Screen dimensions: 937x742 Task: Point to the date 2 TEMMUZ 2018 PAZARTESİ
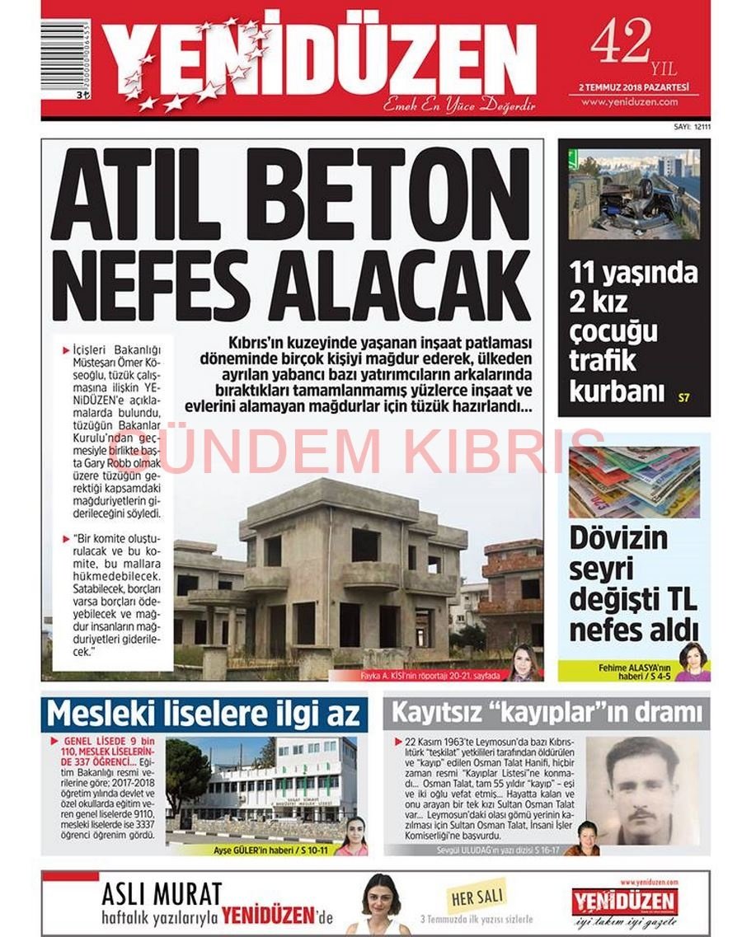pos(633,87)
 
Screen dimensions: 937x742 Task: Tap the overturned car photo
pos(633,194)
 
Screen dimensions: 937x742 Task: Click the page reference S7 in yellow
pos(683,399)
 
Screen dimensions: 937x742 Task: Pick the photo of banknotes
pos(633,482)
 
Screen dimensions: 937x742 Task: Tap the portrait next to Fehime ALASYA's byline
pos(692,662)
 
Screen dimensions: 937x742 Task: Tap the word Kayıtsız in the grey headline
pos(438,712)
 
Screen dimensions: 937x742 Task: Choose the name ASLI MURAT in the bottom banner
pos(162,893)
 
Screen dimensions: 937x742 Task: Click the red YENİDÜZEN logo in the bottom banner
pos(625,902)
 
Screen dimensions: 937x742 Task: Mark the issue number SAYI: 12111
pos(686,127)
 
